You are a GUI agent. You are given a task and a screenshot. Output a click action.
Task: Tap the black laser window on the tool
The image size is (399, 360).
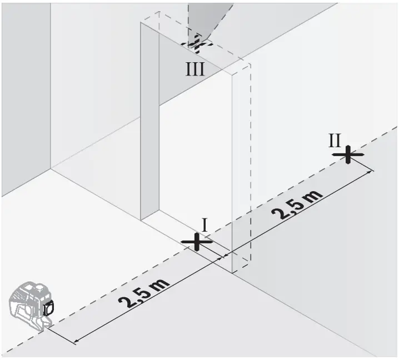click(48, 306)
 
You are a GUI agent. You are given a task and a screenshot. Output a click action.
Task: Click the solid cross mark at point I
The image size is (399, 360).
click(196, 242)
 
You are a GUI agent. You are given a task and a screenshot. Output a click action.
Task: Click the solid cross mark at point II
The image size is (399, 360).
click(348, 154)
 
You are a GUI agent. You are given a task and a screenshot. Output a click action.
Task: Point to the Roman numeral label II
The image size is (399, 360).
click(334, 139)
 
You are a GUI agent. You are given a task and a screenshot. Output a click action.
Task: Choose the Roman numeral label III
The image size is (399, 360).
click(195, 69)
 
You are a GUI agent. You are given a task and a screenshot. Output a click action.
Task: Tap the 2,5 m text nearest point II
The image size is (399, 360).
click(298, 204)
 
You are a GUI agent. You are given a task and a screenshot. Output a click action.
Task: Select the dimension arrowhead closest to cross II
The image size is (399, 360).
click(368, 173)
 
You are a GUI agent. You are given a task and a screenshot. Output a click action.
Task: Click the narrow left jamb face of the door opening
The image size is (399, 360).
click(149, 122)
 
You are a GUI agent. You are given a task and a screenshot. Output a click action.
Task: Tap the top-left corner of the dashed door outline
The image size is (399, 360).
click(141, 22)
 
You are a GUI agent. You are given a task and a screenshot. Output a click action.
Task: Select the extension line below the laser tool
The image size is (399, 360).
click(60, 333)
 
